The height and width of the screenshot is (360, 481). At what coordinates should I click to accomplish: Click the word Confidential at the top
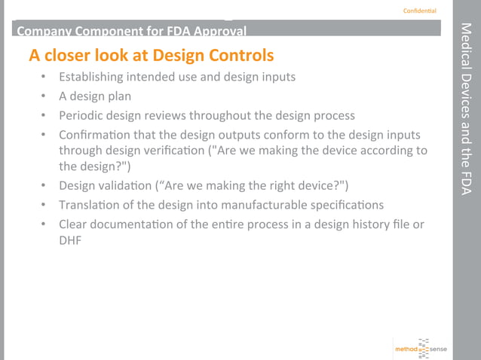(x=419, y=11)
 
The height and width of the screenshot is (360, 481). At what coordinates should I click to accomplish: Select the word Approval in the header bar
(x=220, y=32)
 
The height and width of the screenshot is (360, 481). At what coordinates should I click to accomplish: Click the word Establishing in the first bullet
(x=94, y=77)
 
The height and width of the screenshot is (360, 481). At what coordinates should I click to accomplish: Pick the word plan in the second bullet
(x=117, y=96)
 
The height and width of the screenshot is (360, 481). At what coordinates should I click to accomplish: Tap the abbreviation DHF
(x=70, y=240)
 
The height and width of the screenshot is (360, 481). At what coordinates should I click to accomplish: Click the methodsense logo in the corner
(x=420, y=348)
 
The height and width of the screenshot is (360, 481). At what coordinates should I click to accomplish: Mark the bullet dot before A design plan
(x=44, y=97)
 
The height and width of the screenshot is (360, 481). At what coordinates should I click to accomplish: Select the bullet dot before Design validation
(x=44, y=186)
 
